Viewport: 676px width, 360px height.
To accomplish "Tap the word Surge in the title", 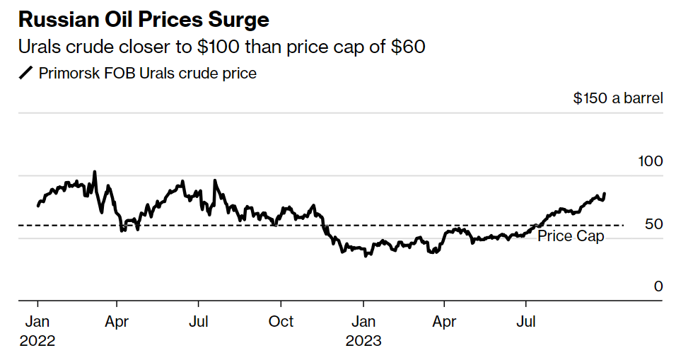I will click(x=238, y=19).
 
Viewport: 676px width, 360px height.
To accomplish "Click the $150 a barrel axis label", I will click(x=618, y=98).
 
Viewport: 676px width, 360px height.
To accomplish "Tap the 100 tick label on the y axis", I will click(x=650, y=161).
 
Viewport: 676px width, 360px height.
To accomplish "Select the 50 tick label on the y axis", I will click(x=655, y=224).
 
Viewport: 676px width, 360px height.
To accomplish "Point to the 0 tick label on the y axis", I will click(x=658, y=286).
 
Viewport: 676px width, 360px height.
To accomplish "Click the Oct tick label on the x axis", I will click(x=281, y=322).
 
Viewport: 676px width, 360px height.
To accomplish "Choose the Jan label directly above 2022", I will click(x=37, y=322).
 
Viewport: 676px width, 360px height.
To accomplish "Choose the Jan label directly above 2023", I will click(x=363, y=322).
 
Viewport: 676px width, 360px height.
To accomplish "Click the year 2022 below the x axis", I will click(x=37, y=341).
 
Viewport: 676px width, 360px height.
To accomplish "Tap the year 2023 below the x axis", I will click(x=363, y=341).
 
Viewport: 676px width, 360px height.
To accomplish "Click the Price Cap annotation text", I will click(x=571, y=236).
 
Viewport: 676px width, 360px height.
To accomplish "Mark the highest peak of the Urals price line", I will click(x=95, y=172).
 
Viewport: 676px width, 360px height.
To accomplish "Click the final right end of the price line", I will click(x=605, y=193).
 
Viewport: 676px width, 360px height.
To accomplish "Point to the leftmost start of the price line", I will click(x=37, y=206).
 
